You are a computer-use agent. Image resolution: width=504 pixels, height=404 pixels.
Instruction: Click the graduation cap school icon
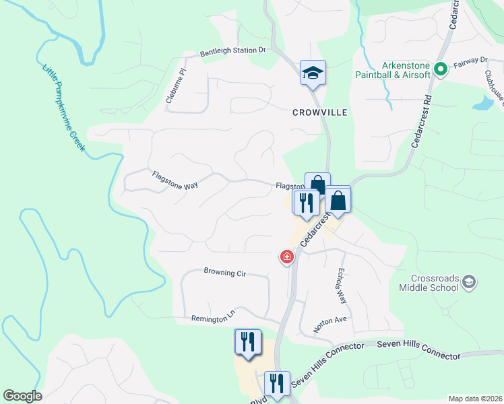pos(313,73)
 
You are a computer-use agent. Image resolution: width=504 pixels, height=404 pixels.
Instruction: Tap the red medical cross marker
pos(287,257)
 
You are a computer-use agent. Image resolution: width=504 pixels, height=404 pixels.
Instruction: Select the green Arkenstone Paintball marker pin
pos(441,69)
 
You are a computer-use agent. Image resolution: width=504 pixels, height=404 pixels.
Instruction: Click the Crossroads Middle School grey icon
pos(470,281)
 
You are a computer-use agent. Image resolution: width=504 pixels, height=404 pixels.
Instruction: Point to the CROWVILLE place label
pos(319,112)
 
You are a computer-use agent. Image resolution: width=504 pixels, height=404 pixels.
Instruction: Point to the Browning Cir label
pos(225,273)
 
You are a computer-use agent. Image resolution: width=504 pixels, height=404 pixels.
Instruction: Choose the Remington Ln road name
pos(214,318)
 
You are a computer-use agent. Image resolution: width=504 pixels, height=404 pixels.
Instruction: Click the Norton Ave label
pos(329,324)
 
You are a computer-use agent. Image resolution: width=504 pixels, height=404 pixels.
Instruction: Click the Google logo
pos(22,396)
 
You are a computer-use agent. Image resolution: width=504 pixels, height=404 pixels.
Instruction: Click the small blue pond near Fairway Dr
pos(482,104)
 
